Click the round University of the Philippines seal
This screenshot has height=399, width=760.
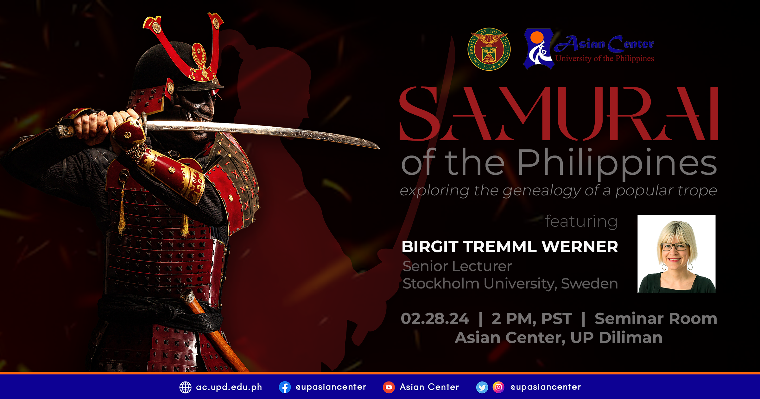click(x=489, y=49)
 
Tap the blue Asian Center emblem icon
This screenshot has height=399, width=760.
click(x=539, y=49)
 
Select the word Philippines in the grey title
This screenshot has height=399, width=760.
click(x=617, y=163)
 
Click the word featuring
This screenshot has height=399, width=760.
click(x=581, y=221)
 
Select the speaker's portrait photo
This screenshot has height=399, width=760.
click(x=676, y=254)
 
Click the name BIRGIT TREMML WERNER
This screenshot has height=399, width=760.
click(x=510, y=247)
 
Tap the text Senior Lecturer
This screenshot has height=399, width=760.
click(x=457, y=266)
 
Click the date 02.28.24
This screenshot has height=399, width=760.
click(x=435, y=319)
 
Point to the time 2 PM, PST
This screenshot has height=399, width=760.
click(x=532, y=319)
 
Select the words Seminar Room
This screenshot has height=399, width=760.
click(x=656, y=319)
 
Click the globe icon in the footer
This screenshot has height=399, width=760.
click(x=185, y=387)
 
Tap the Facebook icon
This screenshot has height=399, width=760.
click(x=285, y=387)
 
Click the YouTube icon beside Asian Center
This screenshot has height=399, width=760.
click(x=389, y=387)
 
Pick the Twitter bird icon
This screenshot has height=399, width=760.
click(x=482, y=387)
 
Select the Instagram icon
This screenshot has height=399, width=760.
click(x=498, y=387)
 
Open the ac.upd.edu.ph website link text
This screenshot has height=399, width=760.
click(x=229, y=387)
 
